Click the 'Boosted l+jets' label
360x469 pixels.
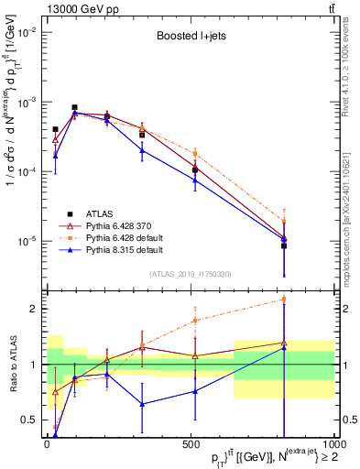(187, 38)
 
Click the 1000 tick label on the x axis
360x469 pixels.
(332, 446)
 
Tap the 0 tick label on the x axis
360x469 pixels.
(47, 446)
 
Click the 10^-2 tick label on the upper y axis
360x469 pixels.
(26, 32)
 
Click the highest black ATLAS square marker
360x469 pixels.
(74, 107)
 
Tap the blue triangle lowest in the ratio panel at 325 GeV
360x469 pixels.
(142, 404)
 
